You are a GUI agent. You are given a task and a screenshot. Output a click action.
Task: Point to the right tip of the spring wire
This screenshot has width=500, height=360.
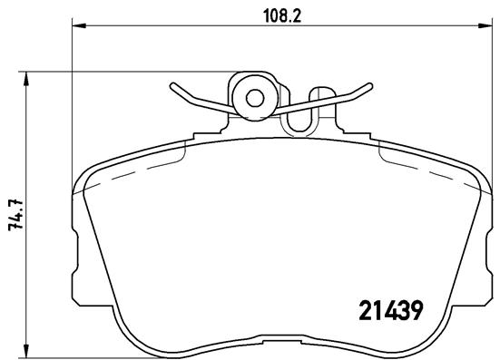click(371, 86)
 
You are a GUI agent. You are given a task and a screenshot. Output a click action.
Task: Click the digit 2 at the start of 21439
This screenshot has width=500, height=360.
click(358, 311)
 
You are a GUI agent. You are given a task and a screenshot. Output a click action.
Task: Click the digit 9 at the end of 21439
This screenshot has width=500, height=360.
click(417, 311)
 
